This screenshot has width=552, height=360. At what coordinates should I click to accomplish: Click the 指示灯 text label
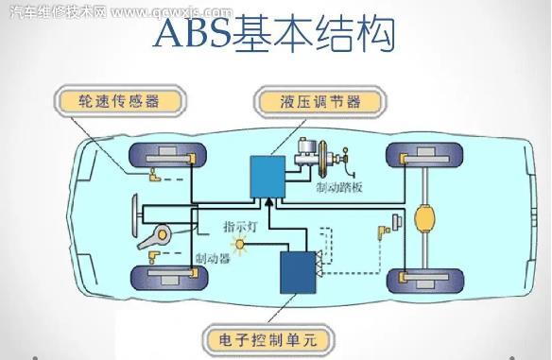coord(240,226)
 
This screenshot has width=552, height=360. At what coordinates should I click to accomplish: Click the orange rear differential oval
coord(423,219)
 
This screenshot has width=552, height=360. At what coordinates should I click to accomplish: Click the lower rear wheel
coord(423,279)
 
